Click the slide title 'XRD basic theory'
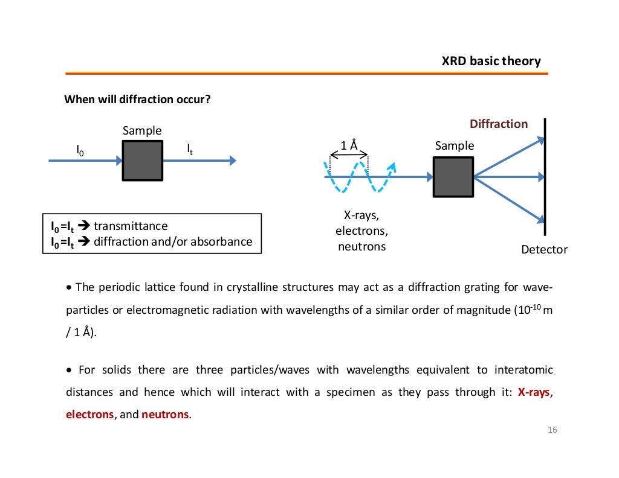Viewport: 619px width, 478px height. tap(491, 61)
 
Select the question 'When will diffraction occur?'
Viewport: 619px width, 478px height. tap(137, 99)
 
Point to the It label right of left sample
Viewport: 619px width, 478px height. tap(190, 149)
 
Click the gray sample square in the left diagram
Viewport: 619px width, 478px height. tap(142, 161)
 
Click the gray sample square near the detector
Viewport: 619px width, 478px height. tap(453, 177)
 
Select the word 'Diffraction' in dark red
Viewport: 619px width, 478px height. tap(499, 124)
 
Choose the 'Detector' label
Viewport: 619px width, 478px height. tap(544, 249)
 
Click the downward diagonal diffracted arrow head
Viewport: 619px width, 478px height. tap(538, 217)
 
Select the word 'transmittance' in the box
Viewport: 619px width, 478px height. tap(130, 226)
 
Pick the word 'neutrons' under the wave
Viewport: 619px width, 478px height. tap(361, 246)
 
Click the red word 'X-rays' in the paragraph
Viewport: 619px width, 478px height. tap(534, 392)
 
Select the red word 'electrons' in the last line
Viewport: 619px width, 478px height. tap(89, 415)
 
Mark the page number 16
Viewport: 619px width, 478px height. tap(551, 430)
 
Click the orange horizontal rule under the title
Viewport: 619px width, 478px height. tap(306, 73)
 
